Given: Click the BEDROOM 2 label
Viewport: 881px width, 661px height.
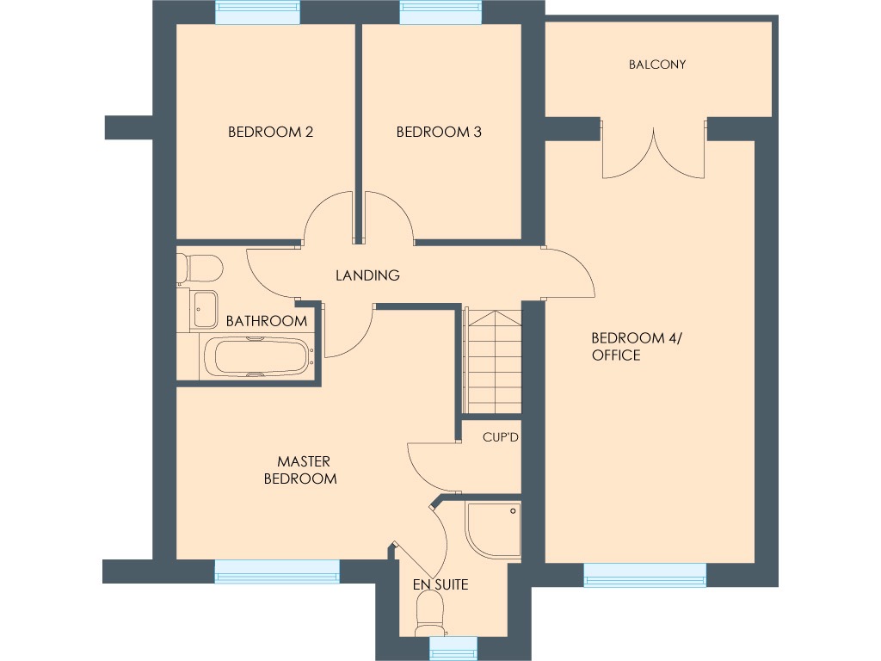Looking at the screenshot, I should click(270, 133).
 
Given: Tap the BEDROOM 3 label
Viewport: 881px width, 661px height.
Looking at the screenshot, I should click(439, 133).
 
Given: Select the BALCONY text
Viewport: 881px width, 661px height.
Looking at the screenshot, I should click(657, 65).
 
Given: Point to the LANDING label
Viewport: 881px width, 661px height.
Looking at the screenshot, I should click(367, 276).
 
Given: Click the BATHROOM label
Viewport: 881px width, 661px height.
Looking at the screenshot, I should click(266, 321).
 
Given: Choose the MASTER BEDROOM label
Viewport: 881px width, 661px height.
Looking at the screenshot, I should click(299, 470).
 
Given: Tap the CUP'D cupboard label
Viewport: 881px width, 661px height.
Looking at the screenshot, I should click(501, 438).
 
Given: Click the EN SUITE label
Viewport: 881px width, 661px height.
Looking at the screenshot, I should click(440, 585).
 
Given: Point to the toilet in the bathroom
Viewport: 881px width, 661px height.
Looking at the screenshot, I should click(200, 268).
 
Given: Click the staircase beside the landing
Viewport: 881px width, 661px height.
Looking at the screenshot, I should click(494, 361).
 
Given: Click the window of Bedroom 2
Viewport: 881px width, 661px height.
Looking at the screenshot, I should click(257, 13).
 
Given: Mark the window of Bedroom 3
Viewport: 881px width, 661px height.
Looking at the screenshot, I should click(440, 13).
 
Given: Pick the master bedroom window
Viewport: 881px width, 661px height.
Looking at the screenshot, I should click(277, 571).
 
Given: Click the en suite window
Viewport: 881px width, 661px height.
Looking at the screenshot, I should click(453, 648).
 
